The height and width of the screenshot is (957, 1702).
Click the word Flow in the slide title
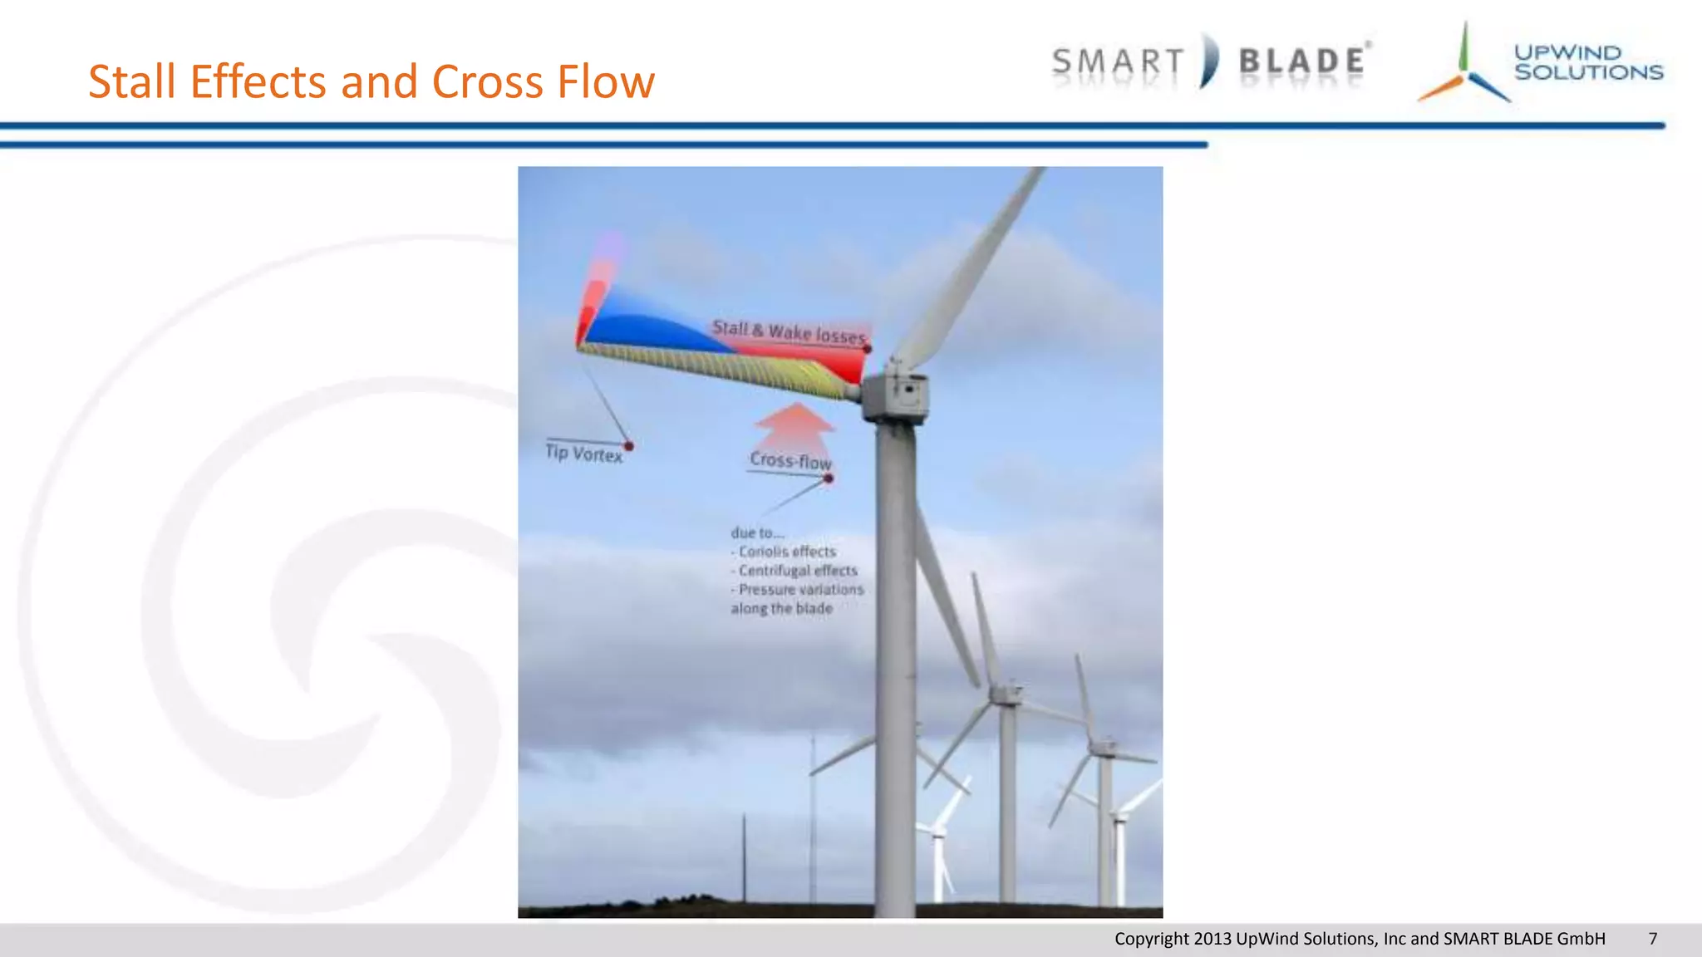pos(606,82)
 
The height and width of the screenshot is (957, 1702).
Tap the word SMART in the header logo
pos(1118,62)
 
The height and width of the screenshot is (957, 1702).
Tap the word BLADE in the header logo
pos(1302,62)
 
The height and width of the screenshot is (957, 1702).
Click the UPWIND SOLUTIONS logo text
pos(1587,62)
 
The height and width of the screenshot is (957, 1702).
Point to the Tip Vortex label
pos(583,454)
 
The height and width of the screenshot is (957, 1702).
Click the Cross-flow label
pos(790,460)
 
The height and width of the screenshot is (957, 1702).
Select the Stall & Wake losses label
pos(789,332)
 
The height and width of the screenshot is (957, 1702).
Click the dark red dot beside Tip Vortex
pos(629,447)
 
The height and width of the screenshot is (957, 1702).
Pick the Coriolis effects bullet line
pos(785,552)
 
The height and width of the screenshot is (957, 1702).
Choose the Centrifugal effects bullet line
pos(795,571)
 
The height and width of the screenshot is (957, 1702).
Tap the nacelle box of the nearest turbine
pos(896,396)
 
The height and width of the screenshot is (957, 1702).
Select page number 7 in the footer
pos(1652,939)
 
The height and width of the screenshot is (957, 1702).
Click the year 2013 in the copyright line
pos(1212,939)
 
